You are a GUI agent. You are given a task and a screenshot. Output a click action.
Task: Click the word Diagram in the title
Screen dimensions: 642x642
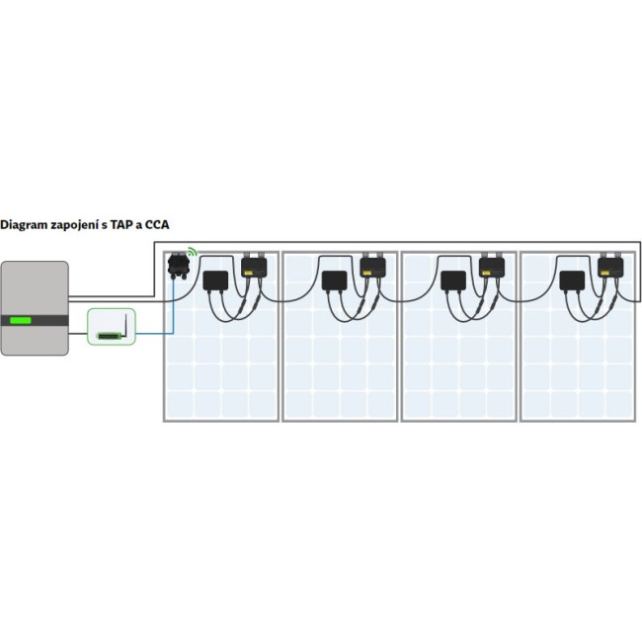pos(25,224)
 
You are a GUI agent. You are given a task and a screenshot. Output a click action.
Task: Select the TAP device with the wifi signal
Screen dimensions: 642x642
pos(179,265)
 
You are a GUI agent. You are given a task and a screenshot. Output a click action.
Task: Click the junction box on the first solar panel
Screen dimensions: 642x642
pos(214,281)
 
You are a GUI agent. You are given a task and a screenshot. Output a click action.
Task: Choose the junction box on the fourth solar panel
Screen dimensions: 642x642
pos(571,281)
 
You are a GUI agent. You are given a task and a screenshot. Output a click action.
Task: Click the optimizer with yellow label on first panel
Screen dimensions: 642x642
pos(254,265)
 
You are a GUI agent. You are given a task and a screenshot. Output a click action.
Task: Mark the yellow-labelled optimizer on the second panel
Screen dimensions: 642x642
pos(372,265)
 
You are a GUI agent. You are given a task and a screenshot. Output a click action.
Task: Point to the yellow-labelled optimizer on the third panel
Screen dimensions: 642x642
pos(491,265)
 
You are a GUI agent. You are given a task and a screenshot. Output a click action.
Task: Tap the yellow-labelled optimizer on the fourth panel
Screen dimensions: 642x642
pos(609,265)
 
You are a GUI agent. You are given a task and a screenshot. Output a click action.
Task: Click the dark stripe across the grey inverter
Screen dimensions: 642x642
pos(36,320)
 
